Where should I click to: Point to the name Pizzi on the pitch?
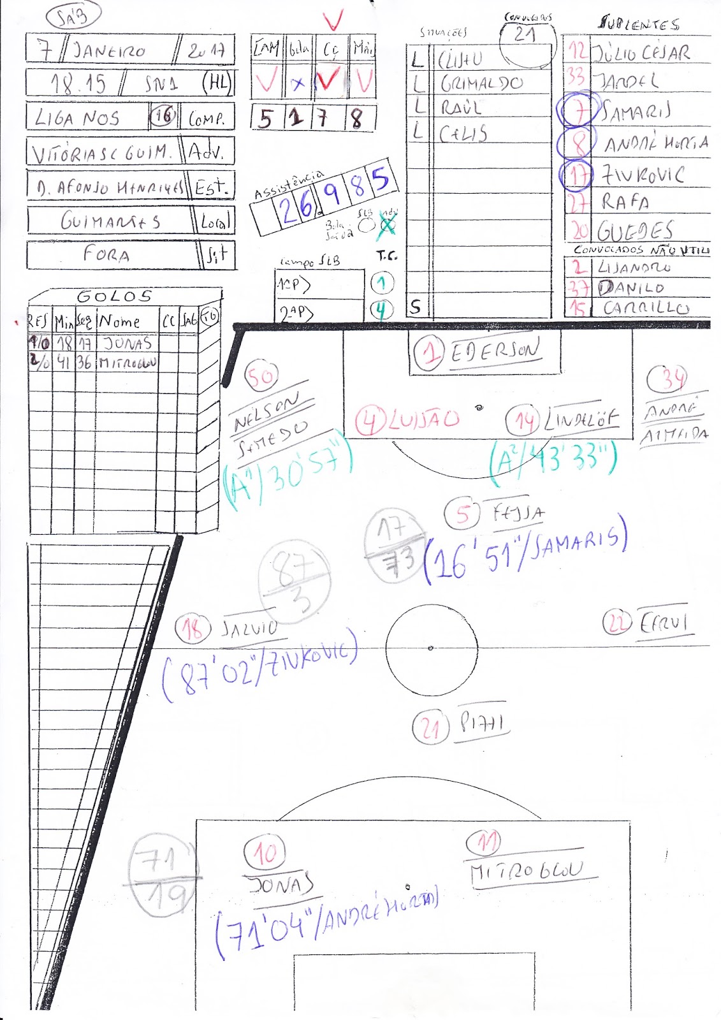(482, 723)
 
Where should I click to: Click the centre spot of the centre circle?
(431, 648)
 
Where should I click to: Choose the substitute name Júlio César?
(641, 52)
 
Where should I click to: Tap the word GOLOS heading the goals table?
(115, 296)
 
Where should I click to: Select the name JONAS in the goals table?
(127, 344)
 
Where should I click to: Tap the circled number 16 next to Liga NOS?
(163, 115)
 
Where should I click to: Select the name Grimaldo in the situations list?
(481, 84)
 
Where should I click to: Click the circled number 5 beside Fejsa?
(463, 514)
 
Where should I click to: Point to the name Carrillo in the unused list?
(646, 308)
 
